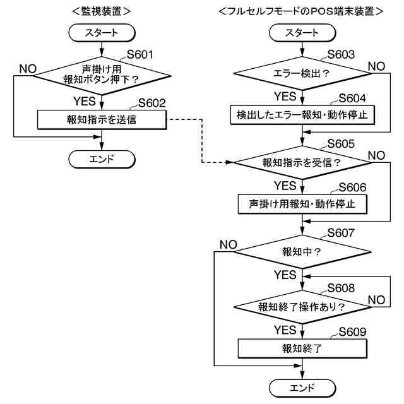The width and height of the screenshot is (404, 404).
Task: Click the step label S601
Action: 140,55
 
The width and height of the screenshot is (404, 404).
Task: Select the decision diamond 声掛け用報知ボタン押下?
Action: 101,74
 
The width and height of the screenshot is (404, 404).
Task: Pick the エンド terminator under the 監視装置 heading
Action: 101,158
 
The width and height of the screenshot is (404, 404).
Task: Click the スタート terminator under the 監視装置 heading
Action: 101,32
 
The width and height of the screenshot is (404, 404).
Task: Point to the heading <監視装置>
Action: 102,11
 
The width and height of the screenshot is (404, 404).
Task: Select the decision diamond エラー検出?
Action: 302,73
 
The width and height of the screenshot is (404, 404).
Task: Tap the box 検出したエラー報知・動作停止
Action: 302,115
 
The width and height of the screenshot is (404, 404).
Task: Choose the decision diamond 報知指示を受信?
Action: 302,162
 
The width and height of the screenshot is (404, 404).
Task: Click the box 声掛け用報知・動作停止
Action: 302,205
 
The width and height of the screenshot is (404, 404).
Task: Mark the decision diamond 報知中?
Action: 302,251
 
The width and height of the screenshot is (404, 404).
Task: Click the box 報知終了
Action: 302,348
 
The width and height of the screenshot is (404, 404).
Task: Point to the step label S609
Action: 352,331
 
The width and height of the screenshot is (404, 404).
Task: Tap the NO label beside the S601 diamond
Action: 28,68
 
